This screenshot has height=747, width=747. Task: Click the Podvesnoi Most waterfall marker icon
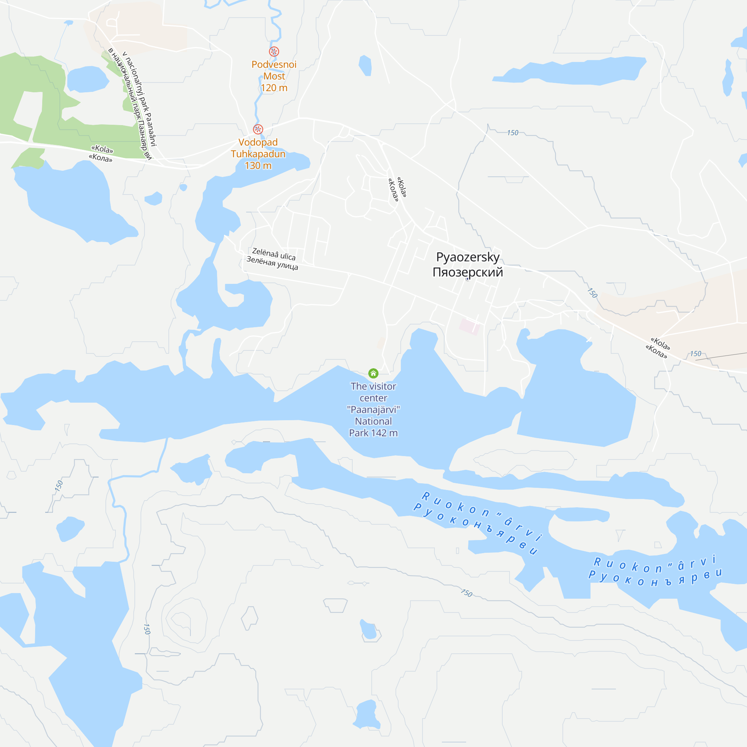[x=274, y=52]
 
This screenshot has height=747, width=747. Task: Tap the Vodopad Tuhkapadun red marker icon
[x=258, y=129]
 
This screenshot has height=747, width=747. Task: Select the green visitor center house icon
[x=373, y=373]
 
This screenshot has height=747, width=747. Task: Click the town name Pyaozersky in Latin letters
[x=468, y=257]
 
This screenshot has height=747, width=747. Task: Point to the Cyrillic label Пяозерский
[x=468, y=272]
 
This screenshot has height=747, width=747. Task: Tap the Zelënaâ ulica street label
[x=274, y=254]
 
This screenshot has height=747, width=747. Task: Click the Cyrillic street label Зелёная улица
[x=272, y=263]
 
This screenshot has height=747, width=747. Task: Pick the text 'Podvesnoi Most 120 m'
[x=274, y=76]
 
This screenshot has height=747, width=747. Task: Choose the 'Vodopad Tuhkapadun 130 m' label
[x=258, y=154]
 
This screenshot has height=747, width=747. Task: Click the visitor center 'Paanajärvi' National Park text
[x=373, y=409]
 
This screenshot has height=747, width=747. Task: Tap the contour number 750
[x=466, y=593]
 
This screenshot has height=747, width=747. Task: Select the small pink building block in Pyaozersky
[x=469, y=326]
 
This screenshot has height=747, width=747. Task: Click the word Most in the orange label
[x=274, y=76]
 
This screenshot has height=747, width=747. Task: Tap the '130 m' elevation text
[x=258, y=166]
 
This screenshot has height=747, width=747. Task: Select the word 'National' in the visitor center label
[x=373, y=421]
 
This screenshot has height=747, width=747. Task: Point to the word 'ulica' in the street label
[x=288, y=256]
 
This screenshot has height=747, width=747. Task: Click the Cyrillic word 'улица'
[x=287, y=266]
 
